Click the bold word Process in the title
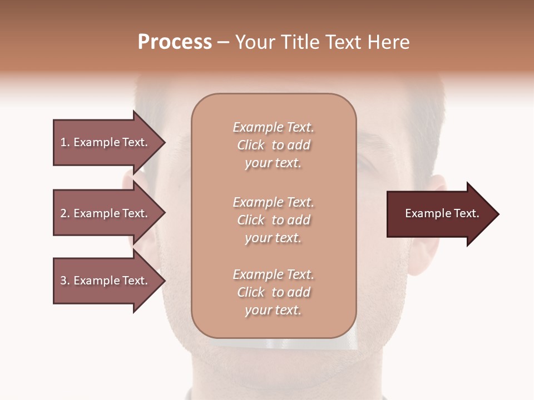coord(175,42)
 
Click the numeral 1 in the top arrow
coord(63,142)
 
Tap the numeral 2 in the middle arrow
coord(63,213)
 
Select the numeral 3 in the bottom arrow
coord(63,281)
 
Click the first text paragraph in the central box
coord(273,145)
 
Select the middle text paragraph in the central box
coord(273,220)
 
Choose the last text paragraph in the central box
coord(273,292)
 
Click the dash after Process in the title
coord(224,42)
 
